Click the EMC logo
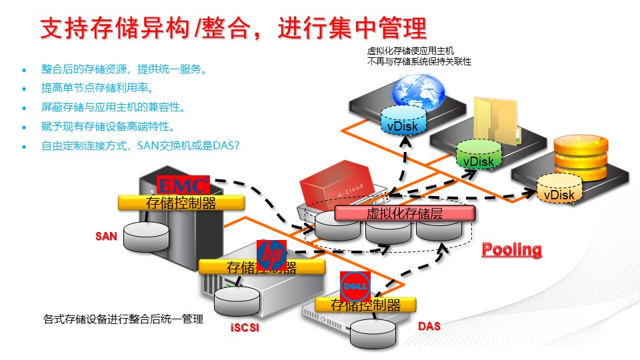[x=183, y=185]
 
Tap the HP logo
[x=271, y=255]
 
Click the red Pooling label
[x=512, y=249]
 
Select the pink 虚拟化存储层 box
[x=405, y=213]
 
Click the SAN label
[x=106, y=236]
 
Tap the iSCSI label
[x=244, y=327]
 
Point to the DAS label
[x=429, y=327]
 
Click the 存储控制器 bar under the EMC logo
[x=181, y=203]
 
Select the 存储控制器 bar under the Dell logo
[x=366, y=305]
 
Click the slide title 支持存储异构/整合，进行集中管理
[x=233, y=29]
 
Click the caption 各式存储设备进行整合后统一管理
[x=123, y=320]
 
